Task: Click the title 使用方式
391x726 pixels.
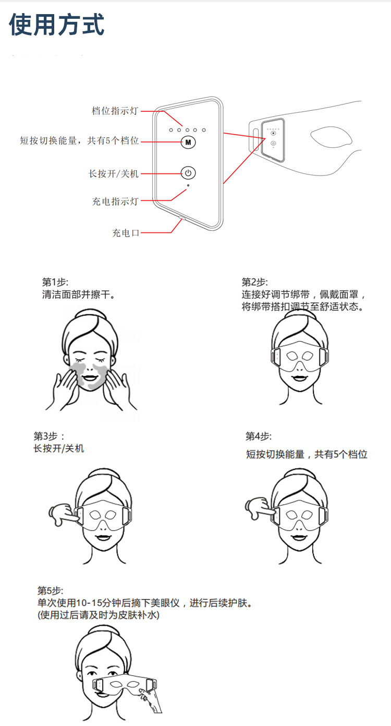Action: [57, 25]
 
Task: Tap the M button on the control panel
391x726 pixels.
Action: [188, 142]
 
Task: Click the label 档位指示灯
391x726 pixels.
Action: [115, 111]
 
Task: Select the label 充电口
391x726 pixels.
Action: [126, 233]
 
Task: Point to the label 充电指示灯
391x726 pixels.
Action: [115, 201]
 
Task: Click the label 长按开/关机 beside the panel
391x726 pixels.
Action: [114, 173]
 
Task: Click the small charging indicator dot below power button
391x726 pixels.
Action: [188, 185]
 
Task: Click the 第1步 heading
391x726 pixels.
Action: [55, 282]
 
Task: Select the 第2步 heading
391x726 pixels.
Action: [254, 282]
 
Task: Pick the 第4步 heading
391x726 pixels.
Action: [259, 436]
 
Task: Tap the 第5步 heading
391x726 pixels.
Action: [50, 591]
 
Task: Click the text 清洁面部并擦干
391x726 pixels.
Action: [78, 295]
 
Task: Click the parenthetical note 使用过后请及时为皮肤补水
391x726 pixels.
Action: [99, 615]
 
